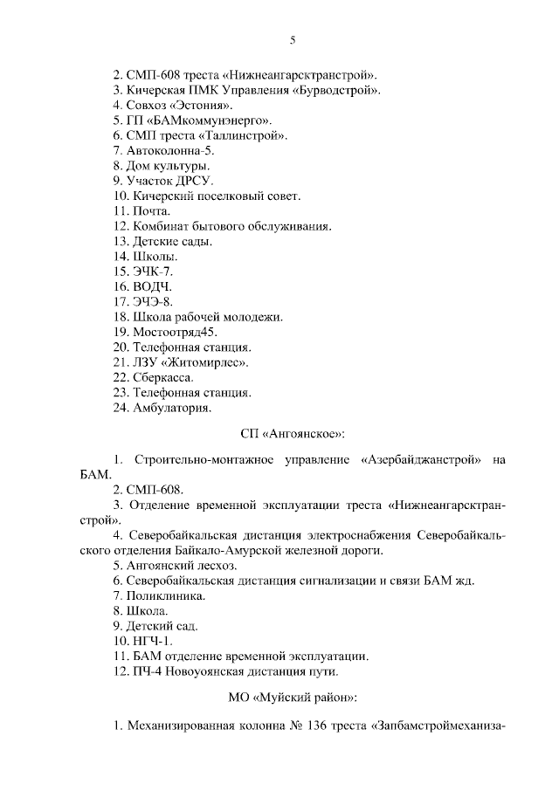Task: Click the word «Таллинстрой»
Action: pos(244,135)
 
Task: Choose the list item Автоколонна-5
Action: pos(169,151)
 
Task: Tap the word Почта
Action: pos(152,210)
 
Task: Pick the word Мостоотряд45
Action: pos(176,332)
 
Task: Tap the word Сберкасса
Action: pos(163,377)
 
